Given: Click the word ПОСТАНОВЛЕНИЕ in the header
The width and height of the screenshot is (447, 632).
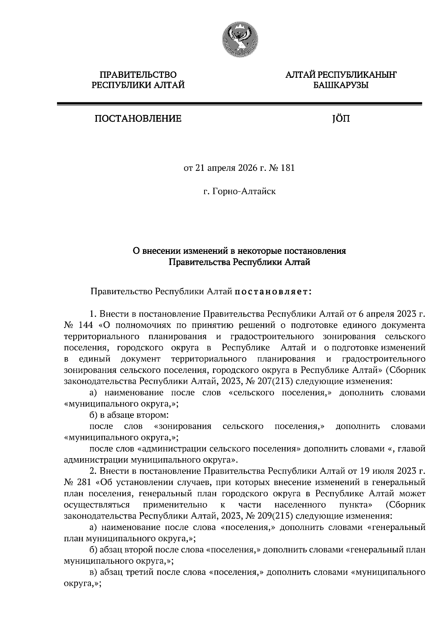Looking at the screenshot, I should coord(138,119).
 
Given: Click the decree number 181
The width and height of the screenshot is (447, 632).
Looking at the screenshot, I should coord(288,168).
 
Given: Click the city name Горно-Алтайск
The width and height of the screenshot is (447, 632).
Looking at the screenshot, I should coord(244,192).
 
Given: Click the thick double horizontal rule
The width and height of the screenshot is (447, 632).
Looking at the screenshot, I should coord(239,104).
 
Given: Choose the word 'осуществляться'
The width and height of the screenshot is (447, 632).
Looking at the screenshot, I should coord(97,505).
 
